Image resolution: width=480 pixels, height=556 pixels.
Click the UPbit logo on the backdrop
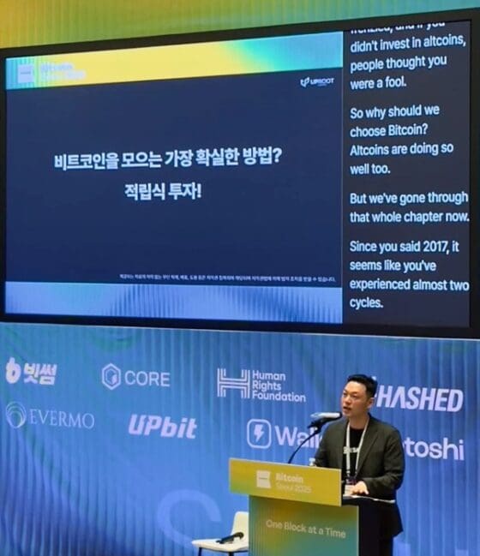pos(162,426)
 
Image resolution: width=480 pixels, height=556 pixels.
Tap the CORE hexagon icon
pos(111,376)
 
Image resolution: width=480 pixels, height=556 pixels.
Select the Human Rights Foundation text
pos(272,386)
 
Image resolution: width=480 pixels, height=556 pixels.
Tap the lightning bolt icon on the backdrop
pos(259,433)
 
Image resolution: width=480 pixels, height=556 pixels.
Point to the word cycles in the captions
pos(367,302)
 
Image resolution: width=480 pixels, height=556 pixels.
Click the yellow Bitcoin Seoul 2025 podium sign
pos(285,481)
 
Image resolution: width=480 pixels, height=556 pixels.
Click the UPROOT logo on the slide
pos(316,81)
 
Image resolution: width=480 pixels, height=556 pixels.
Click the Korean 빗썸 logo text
pos(33,371)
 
